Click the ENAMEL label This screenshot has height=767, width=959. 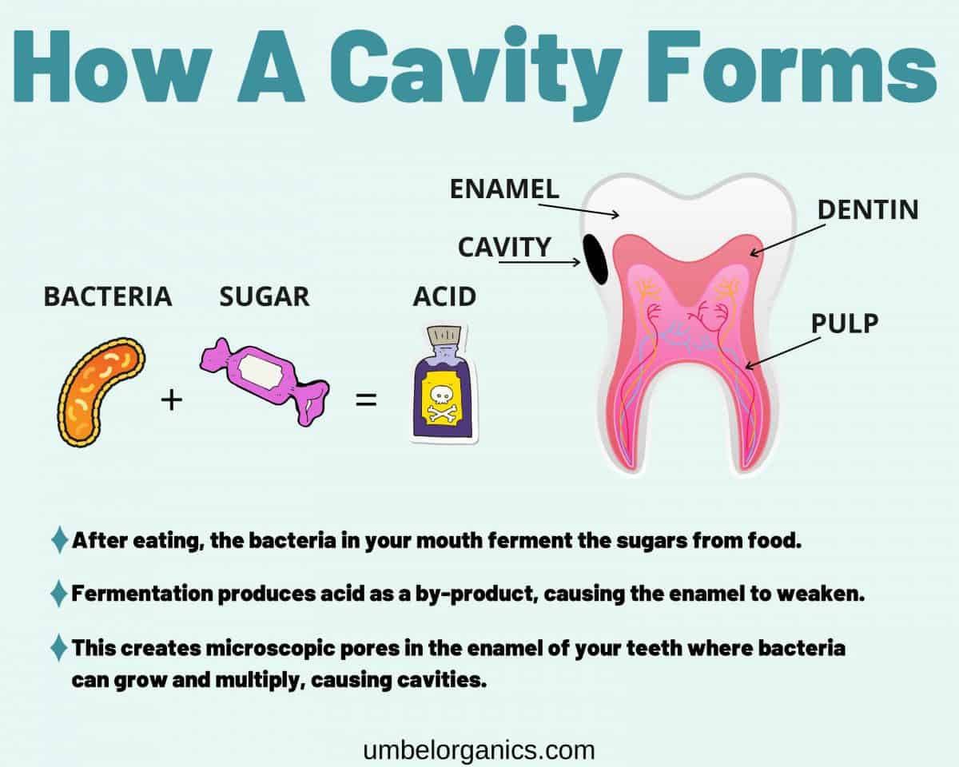504,189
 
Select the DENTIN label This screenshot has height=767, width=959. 867,210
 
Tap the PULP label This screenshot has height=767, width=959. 845,324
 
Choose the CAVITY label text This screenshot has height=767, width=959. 504,247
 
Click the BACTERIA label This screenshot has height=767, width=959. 108,297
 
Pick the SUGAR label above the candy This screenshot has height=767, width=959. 264,297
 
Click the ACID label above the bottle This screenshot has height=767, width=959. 444,297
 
